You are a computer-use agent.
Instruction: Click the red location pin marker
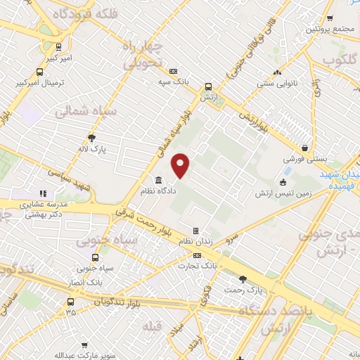(181, 165)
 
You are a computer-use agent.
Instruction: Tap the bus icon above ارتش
(208, 87)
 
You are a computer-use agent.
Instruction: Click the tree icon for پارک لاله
(91, 138)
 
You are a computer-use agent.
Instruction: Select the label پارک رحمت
(243, 289)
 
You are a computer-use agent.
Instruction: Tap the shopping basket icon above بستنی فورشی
(304, 148)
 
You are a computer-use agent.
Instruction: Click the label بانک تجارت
(197, 266)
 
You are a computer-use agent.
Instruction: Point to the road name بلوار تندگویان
(118, 302)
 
